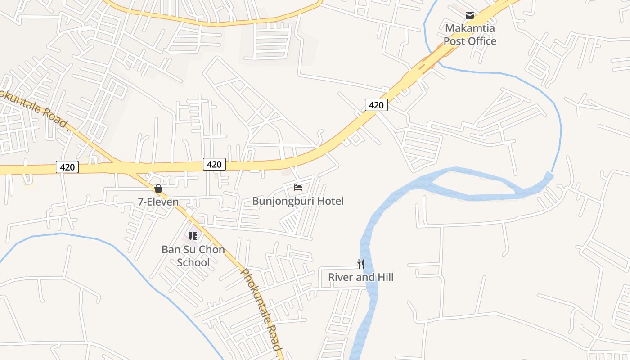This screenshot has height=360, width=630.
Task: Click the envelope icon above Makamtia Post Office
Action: pos(470,15)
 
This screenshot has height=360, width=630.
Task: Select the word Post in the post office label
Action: pos(455,41)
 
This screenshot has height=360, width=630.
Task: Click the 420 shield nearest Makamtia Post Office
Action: pos(376,105)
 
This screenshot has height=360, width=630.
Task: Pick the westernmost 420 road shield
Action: pos(67,167)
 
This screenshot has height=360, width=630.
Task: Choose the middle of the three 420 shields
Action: pos(214,164)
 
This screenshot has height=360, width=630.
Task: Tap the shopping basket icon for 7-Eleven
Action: pos(158,189)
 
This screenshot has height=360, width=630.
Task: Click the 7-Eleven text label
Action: pos(158,202)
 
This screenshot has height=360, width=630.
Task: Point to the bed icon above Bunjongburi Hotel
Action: pos(298,187)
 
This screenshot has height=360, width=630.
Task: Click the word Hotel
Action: pos(330,201)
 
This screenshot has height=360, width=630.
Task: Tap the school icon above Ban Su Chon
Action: pos(193,236)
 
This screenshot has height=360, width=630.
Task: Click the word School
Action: pos(193,262)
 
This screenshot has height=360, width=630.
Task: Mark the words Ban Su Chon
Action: pos(193,250)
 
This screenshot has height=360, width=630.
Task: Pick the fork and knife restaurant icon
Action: pos(361,264)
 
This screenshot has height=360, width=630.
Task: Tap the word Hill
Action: pos(384,277)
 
